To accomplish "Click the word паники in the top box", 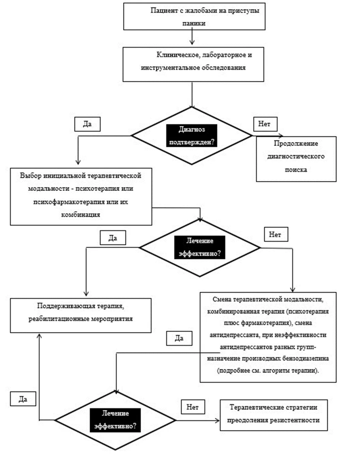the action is pos(193,23).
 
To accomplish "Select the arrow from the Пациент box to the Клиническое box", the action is pos(192,37).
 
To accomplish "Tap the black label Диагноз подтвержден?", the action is pos(191,136).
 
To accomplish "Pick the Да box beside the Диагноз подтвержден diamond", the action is pos(87,124).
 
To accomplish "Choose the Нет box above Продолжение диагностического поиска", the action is pos(265,124).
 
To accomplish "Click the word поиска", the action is pos(296,169).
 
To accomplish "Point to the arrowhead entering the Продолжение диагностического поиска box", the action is pos(281,136).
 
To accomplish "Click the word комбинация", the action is pos(81,215).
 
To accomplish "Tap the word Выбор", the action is pos(31,175).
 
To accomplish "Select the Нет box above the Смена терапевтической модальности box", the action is pos(276,234).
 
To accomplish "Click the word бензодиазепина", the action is pos(307,358).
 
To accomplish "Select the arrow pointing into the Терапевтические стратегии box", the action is pos(198,420).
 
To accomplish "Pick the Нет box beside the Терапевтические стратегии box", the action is pos(193,407).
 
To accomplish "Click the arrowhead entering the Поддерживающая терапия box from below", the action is pos(39,336).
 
